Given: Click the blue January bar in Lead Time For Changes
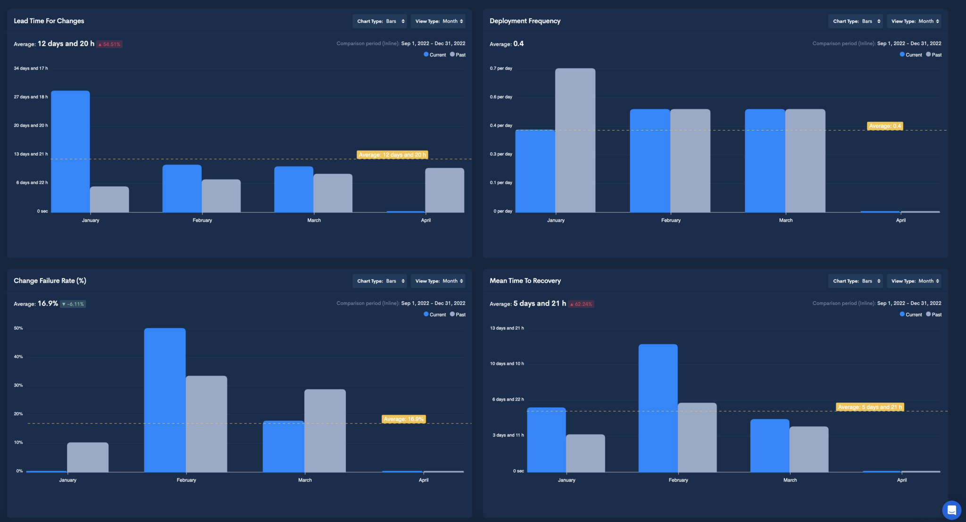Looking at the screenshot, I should (x=70, y=151).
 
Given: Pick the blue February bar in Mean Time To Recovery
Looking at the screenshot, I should (x=658, y=408).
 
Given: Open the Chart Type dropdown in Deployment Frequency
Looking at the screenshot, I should (x=855, y=21).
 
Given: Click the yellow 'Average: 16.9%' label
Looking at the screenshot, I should (x=403, y=419).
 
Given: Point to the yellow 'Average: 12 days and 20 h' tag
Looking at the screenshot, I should (x=392, y=155).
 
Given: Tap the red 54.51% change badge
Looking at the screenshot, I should (x=109, y=44).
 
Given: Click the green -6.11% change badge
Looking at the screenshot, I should (x=73, y=304).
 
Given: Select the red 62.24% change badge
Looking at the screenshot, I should (x=581, y=304).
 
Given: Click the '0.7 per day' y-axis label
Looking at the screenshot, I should (x=501, y=68).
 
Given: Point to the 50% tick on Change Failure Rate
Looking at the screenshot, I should (x=18, y=328).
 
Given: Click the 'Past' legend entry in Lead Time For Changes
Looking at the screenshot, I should (x=458, y=55).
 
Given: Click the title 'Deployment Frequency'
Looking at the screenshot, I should (x=525, y=21).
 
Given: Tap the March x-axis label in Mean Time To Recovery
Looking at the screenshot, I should (x=790, y=480).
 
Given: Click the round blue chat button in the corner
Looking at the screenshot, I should (x=951, y=510).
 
